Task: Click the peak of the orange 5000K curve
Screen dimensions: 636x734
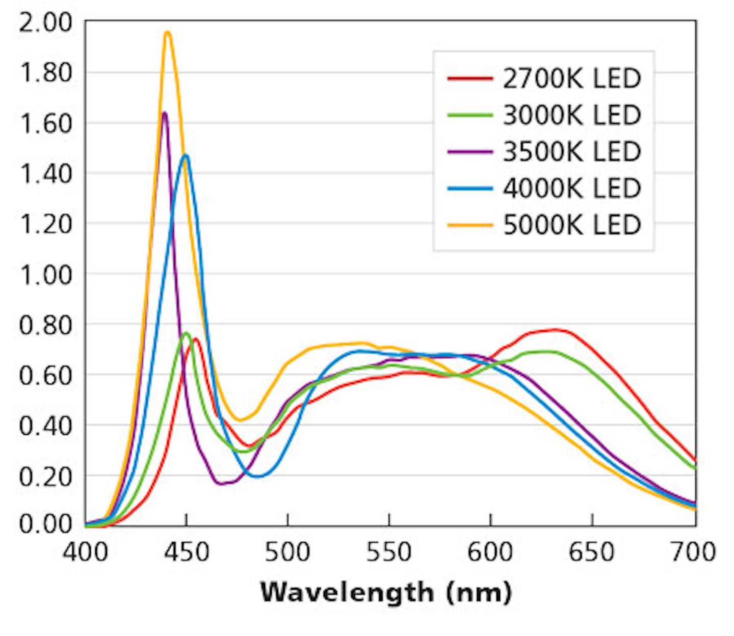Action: tap(167, 33)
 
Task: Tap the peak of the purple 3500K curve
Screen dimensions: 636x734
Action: tap(164, 113)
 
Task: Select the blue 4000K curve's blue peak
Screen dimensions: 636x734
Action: tap(186, 155)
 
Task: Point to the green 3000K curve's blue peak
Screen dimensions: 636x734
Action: tap(186, 333)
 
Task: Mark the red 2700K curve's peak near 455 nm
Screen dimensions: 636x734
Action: tap(195, 339)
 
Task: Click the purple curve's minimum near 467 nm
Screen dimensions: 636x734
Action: tap(221, 483)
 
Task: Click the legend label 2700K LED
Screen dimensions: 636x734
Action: tap(571, 78)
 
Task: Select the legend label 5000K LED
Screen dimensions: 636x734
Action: tap(571, 225)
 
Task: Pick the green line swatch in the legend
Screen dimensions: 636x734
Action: tap(470, 115)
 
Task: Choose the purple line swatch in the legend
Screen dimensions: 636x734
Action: tap(470, 152)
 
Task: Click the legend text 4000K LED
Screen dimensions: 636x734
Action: tap(571, 188)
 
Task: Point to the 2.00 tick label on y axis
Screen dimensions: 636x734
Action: tap(45, 23)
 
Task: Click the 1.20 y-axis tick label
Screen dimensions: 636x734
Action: tap(45, 224)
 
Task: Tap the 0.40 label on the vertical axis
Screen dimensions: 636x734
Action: tap(45, 426)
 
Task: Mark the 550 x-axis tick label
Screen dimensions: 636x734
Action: tap(389, 552)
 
